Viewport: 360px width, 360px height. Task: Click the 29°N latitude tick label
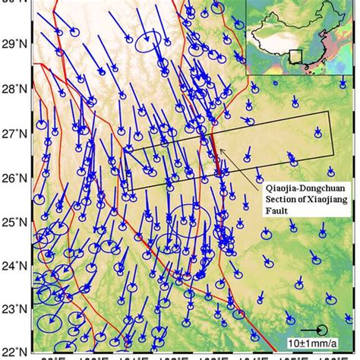click(x=14, y=44)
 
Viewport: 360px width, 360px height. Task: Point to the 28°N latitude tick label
click(x=14, y=88)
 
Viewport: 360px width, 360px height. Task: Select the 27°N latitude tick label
click(x=14, y=134)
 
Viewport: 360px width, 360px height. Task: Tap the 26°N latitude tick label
click(x=14, y=178)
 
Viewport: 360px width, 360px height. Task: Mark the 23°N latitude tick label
click(x=14, y=310)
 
